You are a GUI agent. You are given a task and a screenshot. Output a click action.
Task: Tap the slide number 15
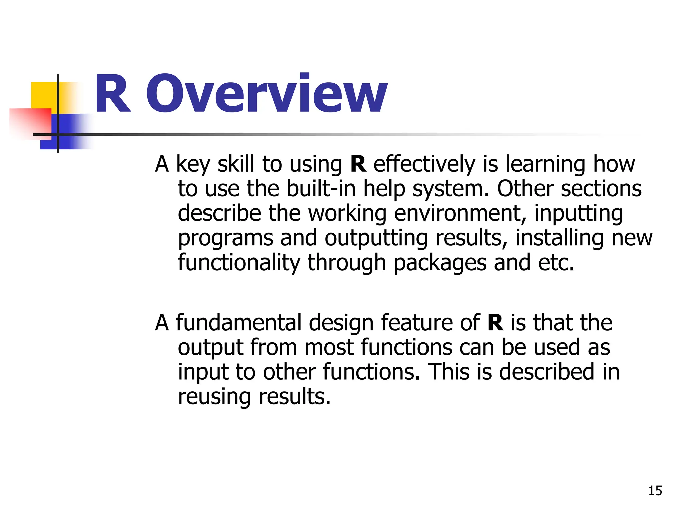point(655,491)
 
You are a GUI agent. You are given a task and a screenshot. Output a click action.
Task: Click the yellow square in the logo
point(43,95)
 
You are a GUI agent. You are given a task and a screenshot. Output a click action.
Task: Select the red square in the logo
point(30,122)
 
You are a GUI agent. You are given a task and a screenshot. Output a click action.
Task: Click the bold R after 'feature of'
point(495,323)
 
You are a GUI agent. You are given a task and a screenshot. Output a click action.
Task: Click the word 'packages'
point(440,263)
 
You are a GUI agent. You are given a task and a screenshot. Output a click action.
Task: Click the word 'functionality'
point(239,263)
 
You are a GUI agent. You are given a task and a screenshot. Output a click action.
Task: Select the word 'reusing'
point(214,397)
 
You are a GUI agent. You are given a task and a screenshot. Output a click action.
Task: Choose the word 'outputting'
point(376,238)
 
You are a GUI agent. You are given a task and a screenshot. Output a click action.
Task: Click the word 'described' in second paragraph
point(547,372)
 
